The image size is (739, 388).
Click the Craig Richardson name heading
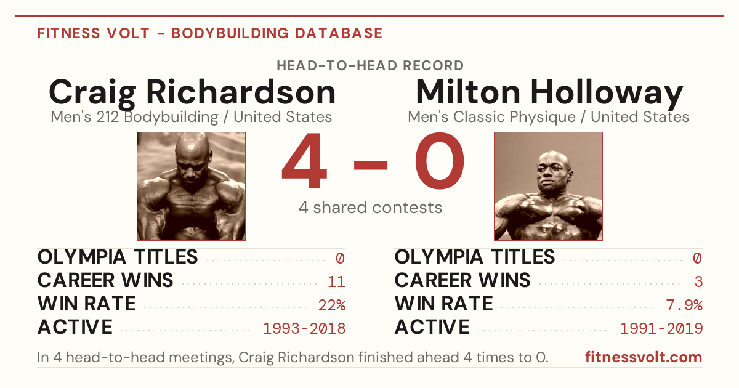click(x=192, y=94)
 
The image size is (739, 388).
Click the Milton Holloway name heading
click(x=549, y=94)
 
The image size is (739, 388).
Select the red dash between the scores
click(x=371, y=165)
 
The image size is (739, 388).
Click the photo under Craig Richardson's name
click(x=192, y=186)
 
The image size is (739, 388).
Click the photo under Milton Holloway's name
click(x=548, y=186)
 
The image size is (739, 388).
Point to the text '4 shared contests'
click(x=370, y=208)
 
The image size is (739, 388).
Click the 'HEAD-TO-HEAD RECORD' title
click(x=370, y=66)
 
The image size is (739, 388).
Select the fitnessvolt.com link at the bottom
click(x=644, y=357)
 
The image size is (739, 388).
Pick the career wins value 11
click(x=336, y=282)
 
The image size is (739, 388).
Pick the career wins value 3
click(x=698, y=282)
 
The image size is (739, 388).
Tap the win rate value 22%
click(x=332, y=305)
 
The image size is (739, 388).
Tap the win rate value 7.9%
click(x=684, y=305)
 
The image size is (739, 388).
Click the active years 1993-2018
click(x=304, y=329)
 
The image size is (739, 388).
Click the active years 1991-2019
click(x=661, y=329)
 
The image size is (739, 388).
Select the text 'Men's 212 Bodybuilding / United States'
click(x=192, y=117)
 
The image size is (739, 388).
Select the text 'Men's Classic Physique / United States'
click(x=548, y=117)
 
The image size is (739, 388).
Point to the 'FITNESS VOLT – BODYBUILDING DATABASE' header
click(x=210, y=33)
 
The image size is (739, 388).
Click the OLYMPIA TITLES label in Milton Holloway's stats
click(x=475, y=257)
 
